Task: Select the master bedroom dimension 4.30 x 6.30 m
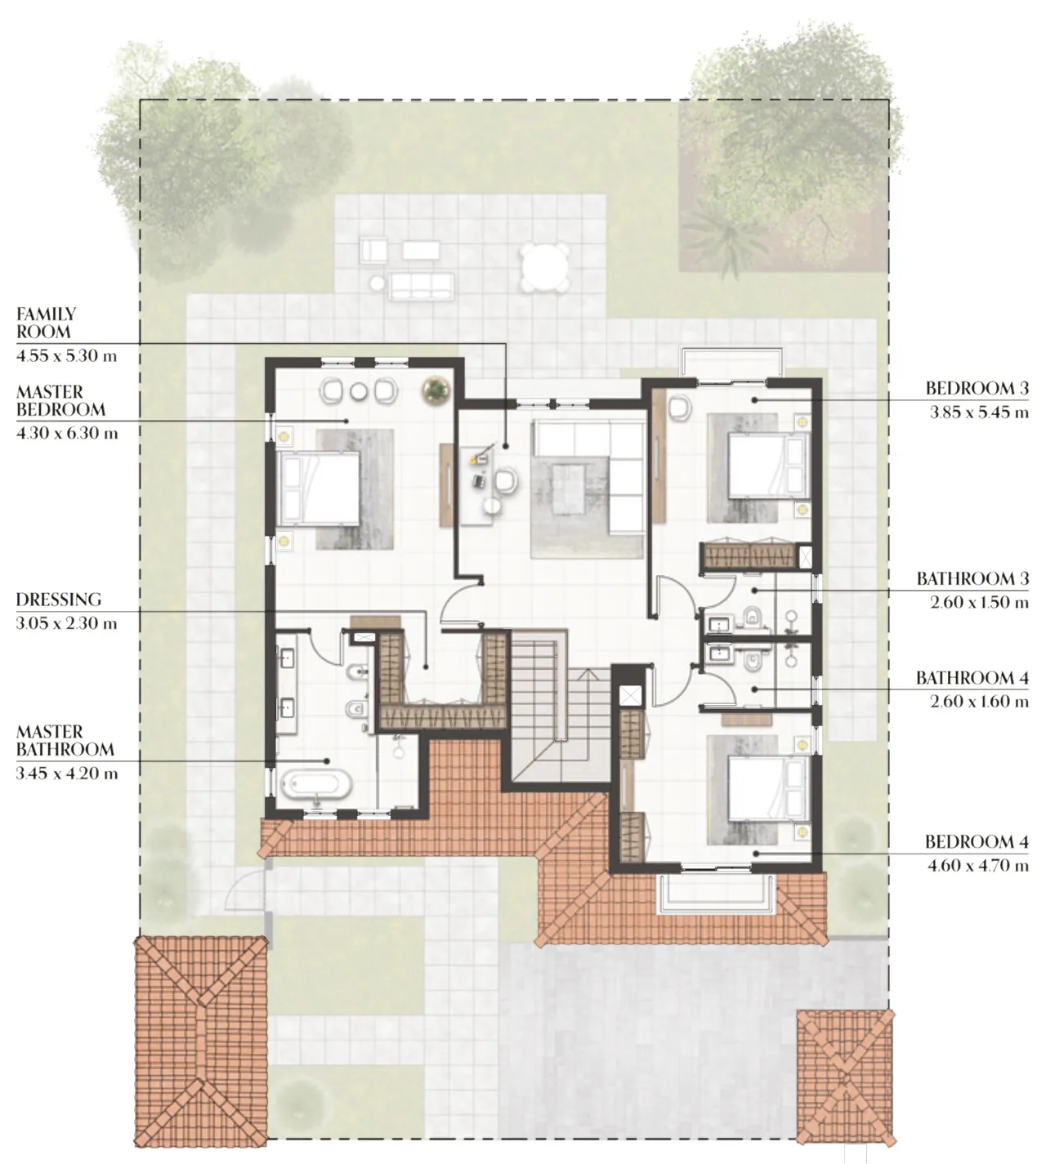pyautogui.click(x=67, y=434)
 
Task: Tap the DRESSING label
pyautogui.click(x=59, y=600)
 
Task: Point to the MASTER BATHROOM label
pyautogui.click(x=65, y=741)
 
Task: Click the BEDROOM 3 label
pyautogui.click(x=977, y=389)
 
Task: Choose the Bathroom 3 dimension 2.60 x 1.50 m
pyautogui.click(x=979, y=603)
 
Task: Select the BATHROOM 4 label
pyautogui.click(x=972, y=678)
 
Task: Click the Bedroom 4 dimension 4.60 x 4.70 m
pyautogui.click(x=978, y=866)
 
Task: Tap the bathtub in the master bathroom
pyautogui.click(x=316, y=786)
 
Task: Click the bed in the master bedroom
pyautogui.click(x=320, y=488)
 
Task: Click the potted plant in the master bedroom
pyautogui.click(x=435, y=390)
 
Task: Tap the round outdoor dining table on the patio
pyautogui.click(x=545, y=266)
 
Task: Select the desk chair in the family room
pyautogui.click(x=506, y=481)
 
